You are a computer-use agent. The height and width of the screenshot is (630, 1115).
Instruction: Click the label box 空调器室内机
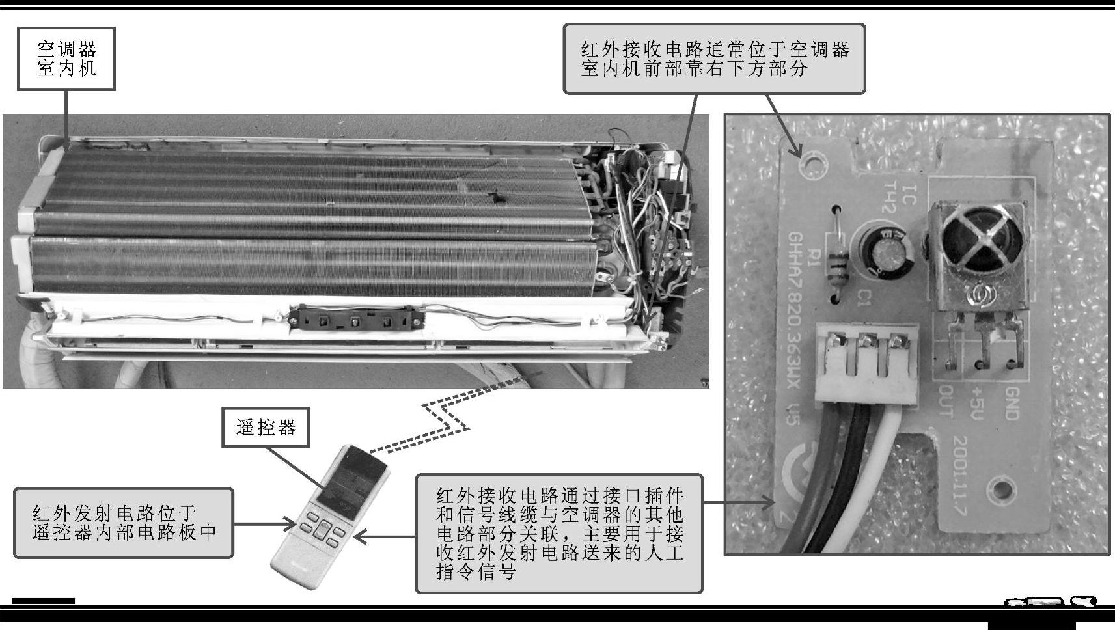tap(66, 59)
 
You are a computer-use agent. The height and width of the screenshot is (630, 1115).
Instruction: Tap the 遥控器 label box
tap(266, 428)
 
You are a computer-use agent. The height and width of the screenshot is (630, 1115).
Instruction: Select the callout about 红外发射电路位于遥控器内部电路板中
tap(124, 523)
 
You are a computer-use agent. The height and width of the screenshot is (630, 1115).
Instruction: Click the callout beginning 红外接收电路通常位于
tap(714, 59)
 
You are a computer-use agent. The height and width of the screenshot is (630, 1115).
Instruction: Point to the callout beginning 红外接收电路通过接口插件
tap(560, 534)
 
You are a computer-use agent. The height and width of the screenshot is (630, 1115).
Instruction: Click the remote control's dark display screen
tap(352, 484)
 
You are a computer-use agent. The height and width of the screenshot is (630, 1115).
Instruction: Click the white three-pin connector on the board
tap(866, 363)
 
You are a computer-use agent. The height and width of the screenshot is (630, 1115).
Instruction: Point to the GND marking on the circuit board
tap(1012, 403)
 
